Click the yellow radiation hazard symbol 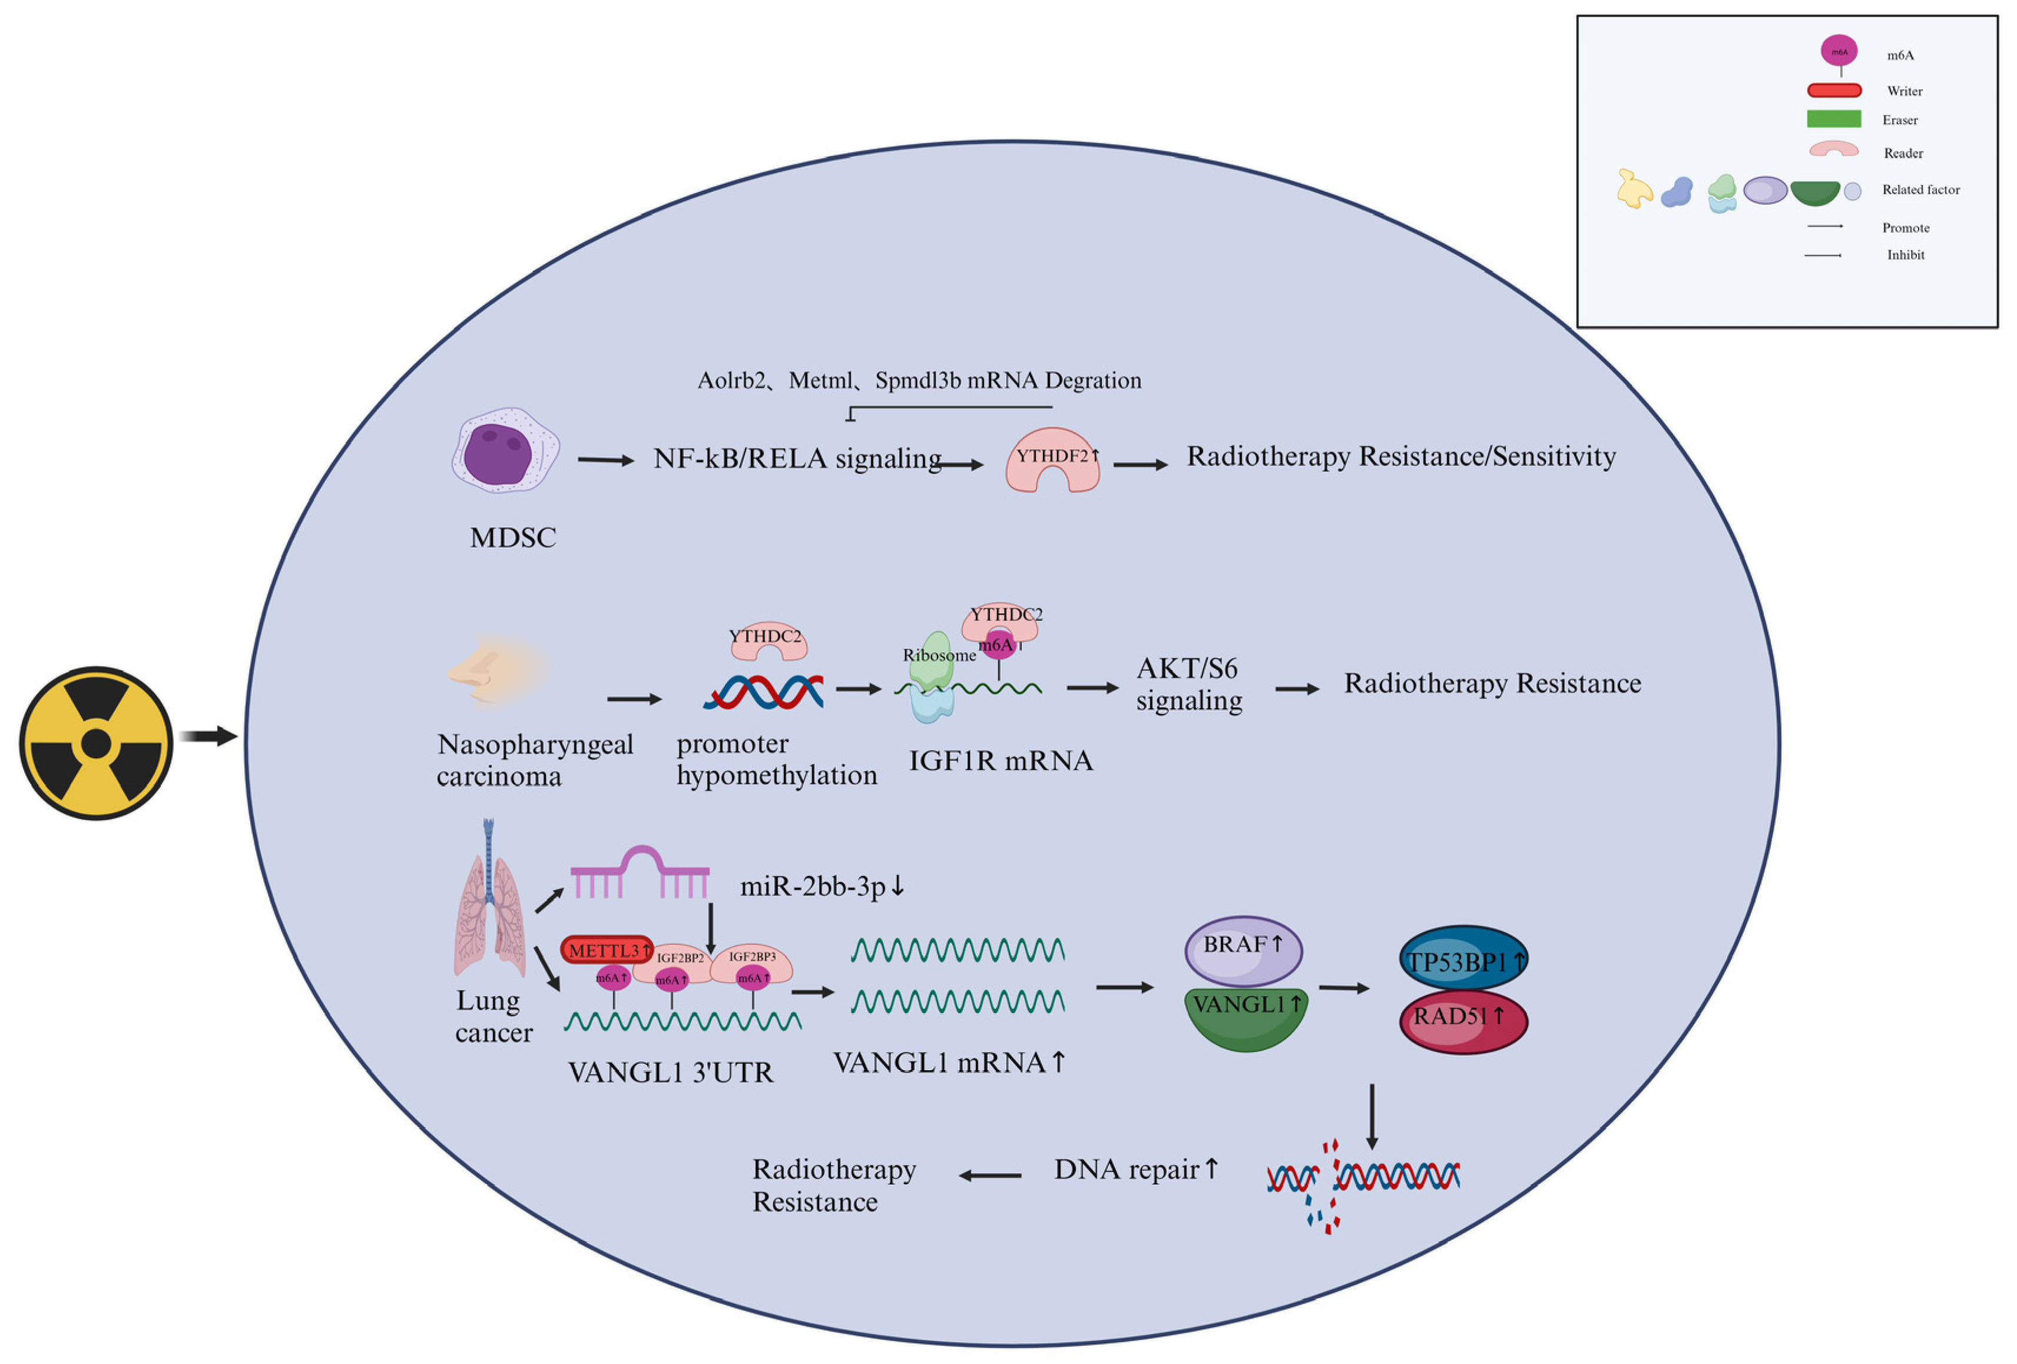(95, 743)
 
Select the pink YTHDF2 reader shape (1052, 459)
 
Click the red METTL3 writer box (607, 949)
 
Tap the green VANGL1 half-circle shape (1246, 1020)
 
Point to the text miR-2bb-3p (821, 886)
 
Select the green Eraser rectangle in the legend (1833, 119)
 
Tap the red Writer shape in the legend (1834, 90)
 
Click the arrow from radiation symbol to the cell (208, 736)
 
